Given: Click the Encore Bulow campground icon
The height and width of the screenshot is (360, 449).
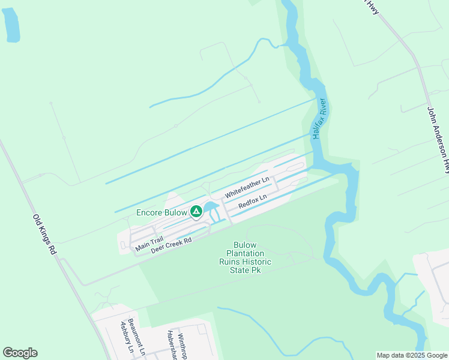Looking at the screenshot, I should click(x=196, y=211).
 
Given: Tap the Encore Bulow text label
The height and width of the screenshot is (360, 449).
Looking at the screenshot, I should click(x=162, y=212).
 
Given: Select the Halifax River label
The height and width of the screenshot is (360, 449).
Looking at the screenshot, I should click(x=319, y=118).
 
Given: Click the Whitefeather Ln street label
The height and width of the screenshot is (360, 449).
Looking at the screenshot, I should click(x=247, y=187).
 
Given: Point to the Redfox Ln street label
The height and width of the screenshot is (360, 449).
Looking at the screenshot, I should click(x=252, y=200).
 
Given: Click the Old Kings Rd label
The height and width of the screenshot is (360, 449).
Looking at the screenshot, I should click(x=44, y=235).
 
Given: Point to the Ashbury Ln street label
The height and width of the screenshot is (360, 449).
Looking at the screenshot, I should click(x=126, y=337).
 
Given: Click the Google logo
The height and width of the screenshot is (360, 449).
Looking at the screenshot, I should click(x=20, y=353).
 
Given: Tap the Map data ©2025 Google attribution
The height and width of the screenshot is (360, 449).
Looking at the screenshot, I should click(x=411, y=355).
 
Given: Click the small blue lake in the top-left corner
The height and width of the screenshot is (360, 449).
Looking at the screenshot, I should click(x=11, y=25).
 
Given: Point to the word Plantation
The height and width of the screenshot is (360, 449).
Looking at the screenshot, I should click(x=244, y=253).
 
